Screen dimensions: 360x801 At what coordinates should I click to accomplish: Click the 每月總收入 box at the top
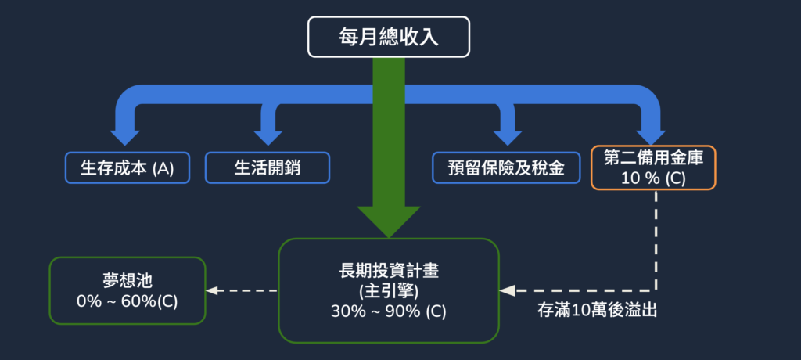(x=388, y=38)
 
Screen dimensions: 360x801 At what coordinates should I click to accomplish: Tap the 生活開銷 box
(x=268, y=167)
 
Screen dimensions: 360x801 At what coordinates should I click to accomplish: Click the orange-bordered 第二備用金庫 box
(x=654, y=167)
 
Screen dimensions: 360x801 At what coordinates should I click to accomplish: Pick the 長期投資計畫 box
(x=389, y=290)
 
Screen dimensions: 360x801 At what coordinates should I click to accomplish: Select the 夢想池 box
(x=127, y=290)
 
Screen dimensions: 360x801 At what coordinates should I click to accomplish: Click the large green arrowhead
(x=389, y=219)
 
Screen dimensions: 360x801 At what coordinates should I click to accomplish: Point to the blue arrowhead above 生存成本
(x=125, y=135)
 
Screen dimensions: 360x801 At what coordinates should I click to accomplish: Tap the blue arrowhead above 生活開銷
(x=268, y=135)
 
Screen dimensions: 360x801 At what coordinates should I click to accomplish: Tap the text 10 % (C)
(x=653, y=178)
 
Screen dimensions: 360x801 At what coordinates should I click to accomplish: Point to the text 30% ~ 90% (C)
(x=389, y=311)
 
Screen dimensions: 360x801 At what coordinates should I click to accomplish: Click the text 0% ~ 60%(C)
(x=127, y=300)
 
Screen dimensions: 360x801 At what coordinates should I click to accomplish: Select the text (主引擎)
(x=389, y=291)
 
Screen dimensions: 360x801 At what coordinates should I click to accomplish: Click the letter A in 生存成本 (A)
(x=164, y=168)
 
